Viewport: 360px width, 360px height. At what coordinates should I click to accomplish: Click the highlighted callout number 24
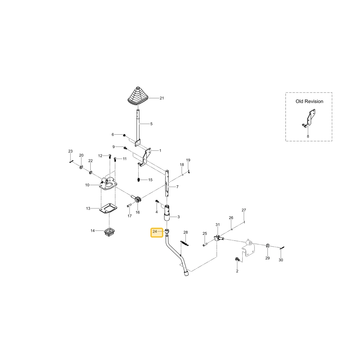155,231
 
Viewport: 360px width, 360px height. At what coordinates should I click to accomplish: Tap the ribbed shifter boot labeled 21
138,96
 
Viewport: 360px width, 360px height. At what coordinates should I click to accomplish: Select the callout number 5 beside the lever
151,124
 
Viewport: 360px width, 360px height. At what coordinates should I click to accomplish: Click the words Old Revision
309,101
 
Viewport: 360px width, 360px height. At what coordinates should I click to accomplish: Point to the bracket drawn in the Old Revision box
309,118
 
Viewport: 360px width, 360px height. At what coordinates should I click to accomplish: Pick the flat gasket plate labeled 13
108,209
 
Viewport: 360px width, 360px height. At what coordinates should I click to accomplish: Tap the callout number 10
87,185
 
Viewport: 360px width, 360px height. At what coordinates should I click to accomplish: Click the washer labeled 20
81,167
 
